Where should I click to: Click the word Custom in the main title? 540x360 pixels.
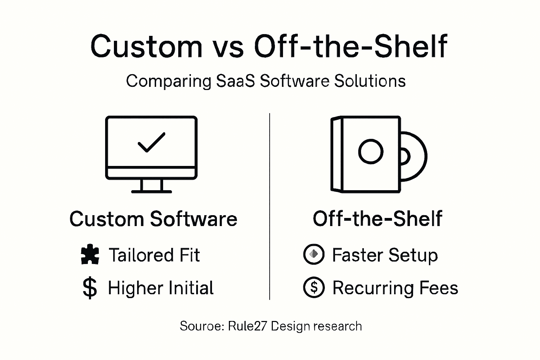[x=146, y=46]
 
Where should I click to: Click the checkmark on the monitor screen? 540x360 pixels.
[x=151, y=142]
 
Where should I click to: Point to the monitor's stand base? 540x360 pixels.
[x=152, y=192]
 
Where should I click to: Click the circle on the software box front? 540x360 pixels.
[x=371, y=152]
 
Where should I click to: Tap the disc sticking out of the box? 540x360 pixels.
[x=415, y=156]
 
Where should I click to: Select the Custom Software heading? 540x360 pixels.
[x=153, y=219]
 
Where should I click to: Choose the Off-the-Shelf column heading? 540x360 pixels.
[x=377, y=219]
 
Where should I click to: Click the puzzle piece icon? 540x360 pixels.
[x=90, y=255]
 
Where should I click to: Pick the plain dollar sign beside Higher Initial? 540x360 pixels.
[x=90, y=288]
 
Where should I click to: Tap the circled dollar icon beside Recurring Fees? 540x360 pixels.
[x=314, y=288]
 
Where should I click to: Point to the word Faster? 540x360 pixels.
[x=358, y=255]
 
